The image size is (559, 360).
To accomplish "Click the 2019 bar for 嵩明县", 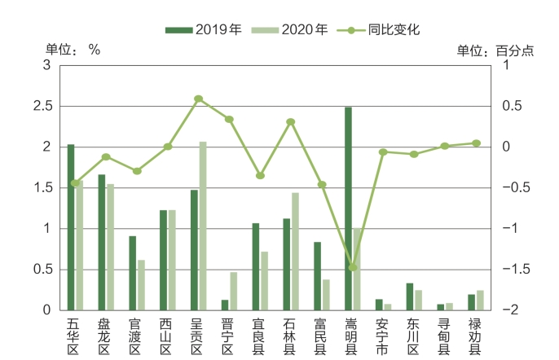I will point(348,209).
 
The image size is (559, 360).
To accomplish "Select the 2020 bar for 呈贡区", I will point(203,226).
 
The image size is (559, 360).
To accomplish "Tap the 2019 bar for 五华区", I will point(71,227).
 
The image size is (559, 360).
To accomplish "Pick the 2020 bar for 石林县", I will point(295,251).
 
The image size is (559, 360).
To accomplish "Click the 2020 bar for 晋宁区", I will point(234,291).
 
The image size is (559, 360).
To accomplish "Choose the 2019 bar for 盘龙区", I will point(102,242).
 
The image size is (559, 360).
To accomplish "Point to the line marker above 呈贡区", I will point(198,99).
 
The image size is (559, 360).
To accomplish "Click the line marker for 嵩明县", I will point(353,267).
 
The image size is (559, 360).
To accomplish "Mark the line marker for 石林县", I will point(291,122).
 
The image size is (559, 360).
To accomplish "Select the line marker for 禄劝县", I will point(476,143).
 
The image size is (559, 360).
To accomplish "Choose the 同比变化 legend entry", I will point(382,30).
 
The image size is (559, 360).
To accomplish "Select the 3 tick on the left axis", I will point(48,65).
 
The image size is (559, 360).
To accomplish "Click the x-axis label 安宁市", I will point(383,336).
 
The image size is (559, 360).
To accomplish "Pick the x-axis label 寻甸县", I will point(444,336).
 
